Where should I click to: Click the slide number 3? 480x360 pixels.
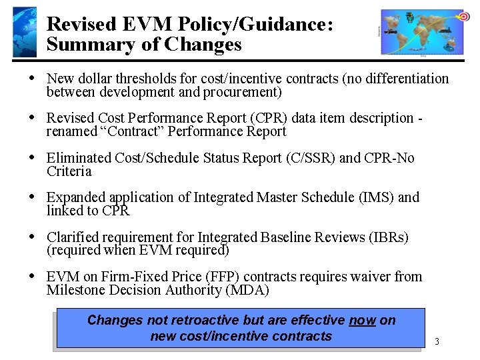[437, 341]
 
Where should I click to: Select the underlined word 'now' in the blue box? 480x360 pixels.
[362, 320]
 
